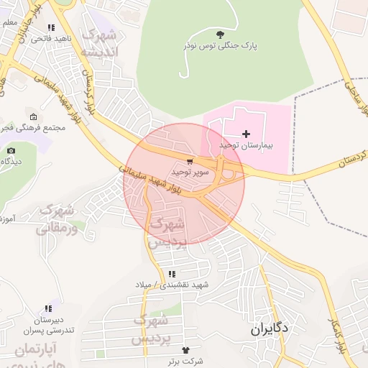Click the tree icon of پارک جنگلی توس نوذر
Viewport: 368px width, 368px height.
219,34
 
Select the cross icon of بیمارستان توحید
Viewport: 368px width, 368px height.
247,134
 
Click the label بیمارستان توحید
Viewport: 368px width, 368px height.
248,145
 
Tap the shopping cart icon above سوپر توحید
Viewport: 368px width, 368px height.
189,162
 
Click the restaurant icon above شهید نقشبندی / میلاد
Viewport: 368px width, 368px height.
171,274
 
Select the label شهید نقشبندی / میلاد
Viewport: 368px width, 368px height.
172,285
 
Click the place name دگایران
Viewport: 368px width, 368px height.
270,329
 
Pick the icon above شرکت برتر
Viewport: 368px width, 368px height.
188,349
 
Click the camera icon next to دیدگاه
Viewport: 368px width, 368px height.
11,150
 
